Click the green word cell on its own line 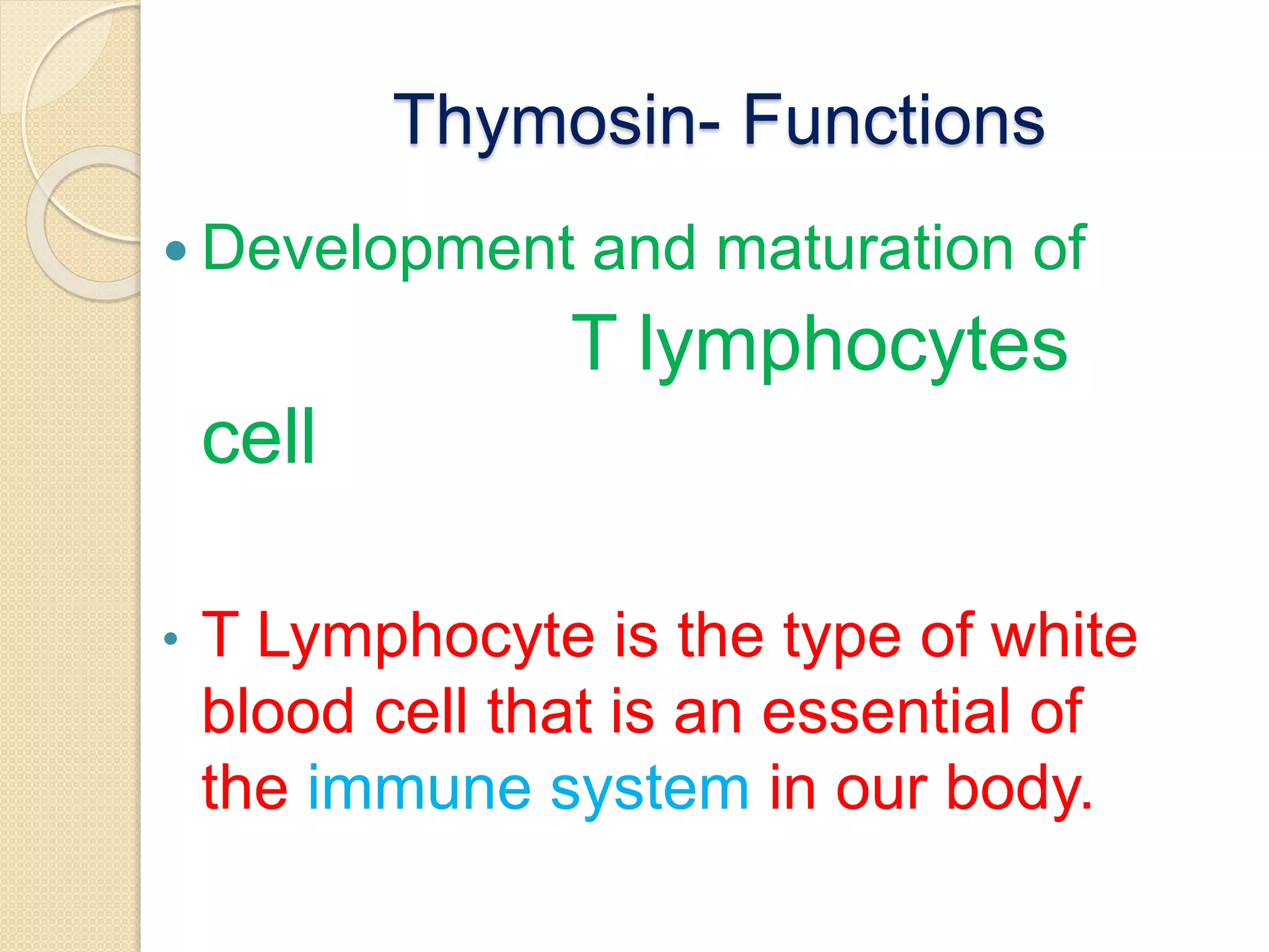258,437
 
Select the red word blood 278,712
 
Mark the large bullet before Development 177,251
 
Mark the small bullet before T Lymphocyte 171,638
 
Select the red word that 539,712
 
